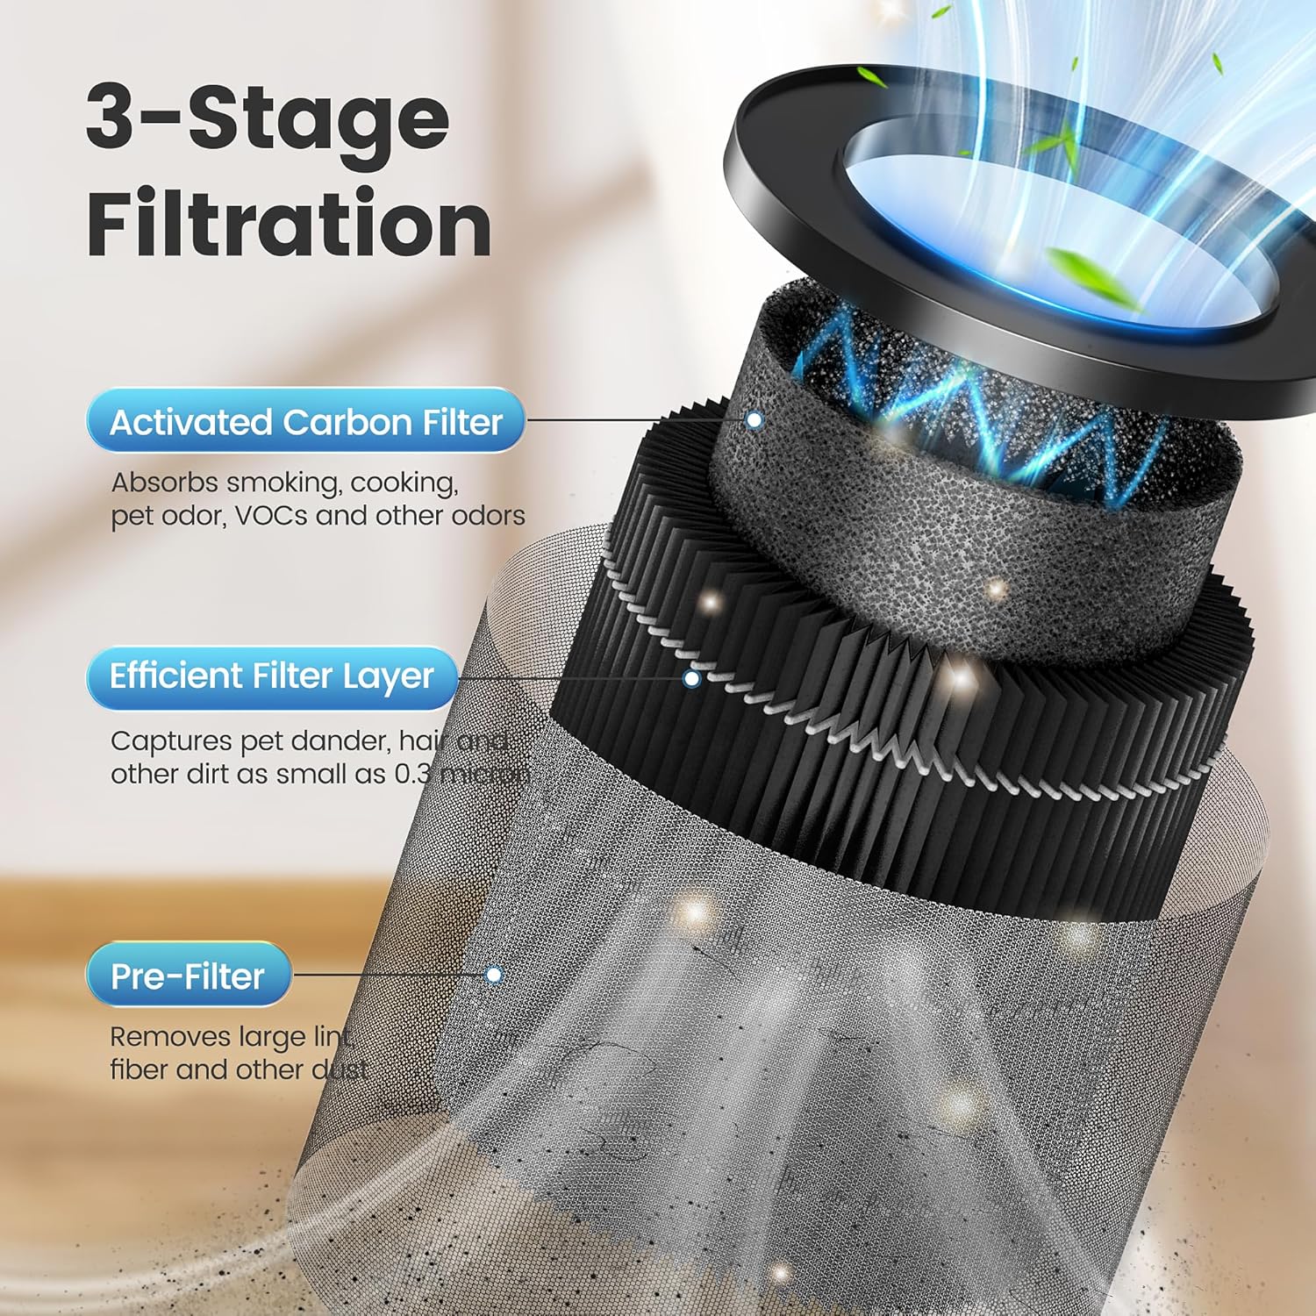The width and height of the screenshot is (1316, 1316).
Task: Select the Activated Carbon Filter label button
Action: (x=305, y=422)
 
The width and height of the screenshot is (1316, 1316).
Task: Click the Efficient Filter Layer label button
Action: (x=271, y=676)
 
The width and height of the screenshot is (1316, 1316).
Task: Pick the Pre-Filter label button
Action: (x=188, y=976)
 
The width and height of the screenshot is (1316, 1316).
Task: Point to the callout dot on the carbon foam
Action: (x=754, y=420)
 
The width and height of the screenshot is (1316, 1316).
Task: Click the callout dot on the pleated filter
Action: (x=691, y=678)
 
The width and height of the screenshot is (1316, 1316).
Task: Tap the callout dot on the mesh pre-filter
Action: (x=494, y=975)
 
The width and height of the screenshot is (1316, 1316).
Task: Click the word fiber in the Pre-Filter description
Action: (x=139, y=1069)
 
